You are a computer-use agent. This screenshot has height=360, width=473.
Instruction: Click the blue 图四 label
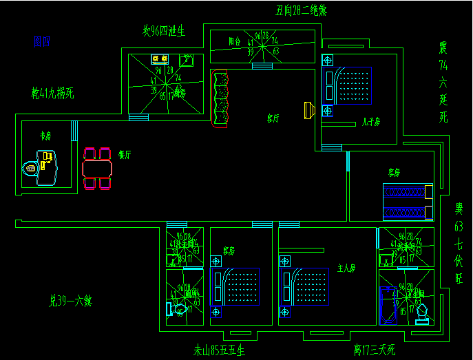click(x=41, y=42)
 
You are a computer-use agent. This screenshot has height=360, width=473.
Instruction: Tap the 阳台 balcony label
click(x=235, y=41)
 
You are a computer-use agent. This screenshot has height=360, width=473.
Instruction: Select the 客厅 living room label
click(x=273, y=118)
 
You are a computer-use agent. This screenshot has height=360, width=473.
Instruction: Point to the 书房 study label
click(x=45, y=136)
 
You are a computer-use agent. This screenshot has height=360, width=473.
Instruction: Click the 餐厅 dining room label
click(x=125, y=155)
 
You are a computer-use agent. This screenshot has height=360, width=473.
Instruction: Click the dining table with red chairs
click(x=96, y=168)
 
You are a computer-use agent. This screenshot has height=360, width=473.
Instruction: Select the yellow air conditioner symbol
click(x=308, y=110)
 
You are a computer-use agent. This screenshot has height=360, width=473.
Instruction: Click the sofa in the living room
click(x=220, y=99)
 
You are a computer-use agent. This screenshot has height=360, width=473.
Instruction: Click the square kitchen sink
click(x=185, y=60)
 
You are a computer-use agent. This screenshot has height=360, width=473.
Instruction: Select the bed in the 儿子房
click(x=350, y=85)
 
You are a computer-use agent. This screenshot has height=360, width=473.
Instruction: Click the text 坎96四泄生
click(x=164, y=31)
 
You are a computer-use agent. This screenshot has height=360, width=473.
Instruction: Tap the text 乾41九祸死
click(x=52, y=92)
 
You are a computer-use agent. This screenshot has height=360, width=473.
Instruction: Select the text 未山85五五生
click(x=219, y=350)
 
